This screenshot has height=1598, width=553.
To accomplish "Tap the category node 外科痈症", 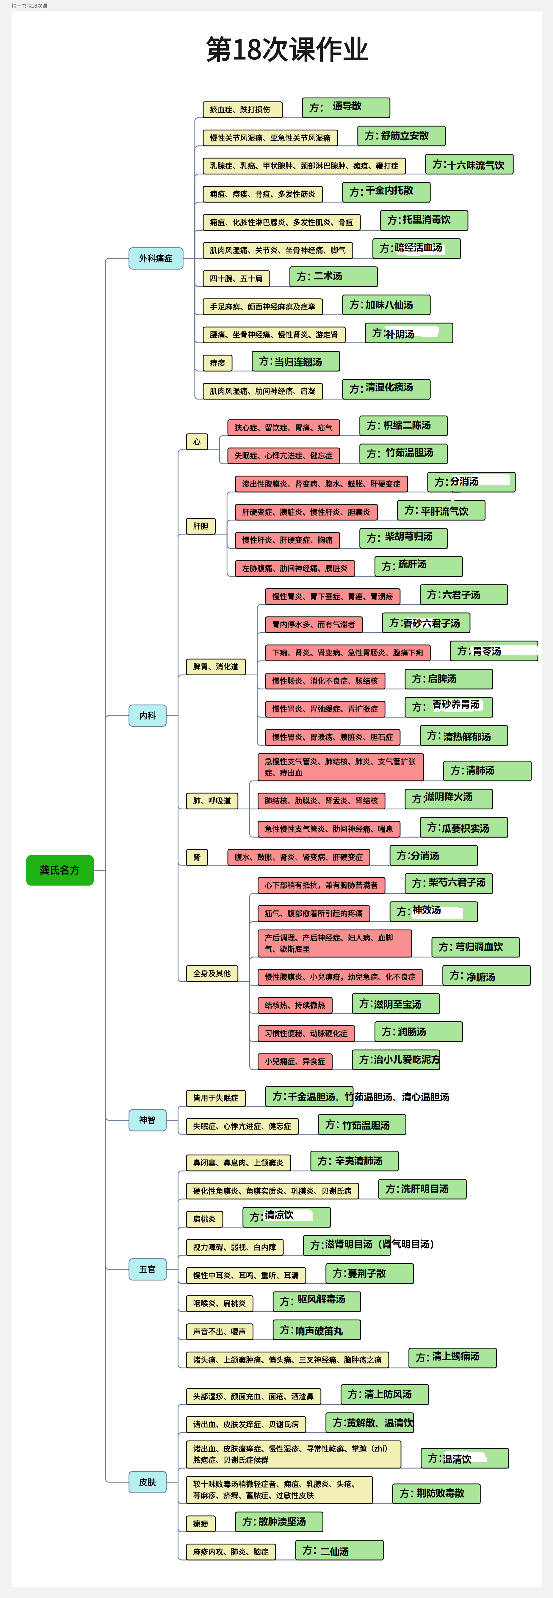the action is click(x=156, y=258).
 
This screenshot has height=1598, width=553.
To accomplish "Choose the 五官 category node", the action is click(x=148, y=1269).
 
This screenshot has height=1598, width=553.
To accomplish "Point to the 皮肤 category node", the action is click(x=148, y=1482).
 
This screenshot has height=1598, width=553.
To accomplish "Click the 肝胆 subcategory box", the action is click(x=200, y=526).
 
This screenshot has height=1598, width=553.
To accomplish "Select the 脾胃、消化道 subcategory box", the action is click(x=215, y=667).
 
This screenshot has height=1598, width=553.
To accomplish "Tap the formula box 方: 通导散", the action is click(x=346, y=107).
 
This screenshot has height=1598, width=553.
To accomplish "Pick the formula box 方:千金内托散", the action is click(x=386, y=192).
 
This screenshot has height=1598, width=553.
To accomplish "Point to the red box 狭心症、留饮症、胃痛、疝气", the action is click(x=283, y=427).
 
